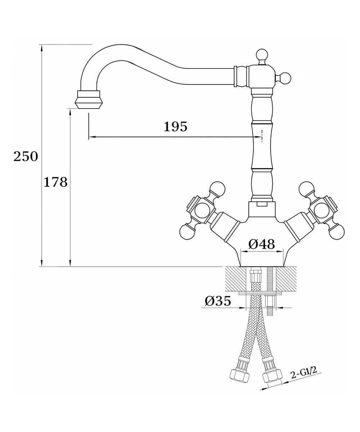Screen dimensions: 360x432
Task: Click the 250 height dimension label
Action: [26, 156]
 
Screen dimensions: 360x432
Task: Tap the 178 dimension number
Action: [55, 182]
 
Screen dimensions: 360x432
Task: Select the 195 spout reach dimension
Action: [175, 127]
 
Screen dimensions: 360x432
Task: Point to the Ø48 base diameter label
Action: [261, 244]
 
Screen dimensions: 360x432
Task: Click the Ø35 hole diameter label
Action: [218, 301]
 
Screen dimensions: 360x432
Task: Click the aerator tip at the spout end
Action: [88, 99]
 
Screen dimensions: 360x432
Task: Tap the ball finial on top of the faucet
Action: [262, 55]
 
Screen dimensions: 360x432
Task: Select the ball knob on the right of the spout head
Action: [285, 78]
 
